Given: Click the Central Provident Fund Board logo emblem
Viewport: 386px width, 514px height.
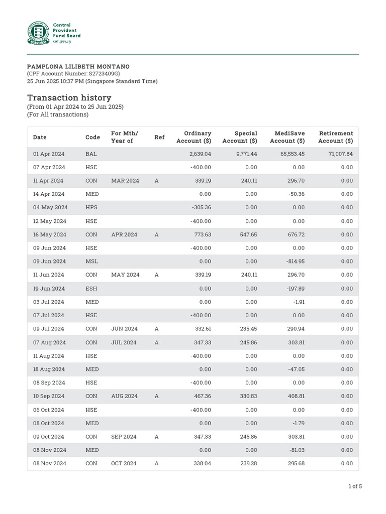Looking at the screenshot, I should [x=39, y=33].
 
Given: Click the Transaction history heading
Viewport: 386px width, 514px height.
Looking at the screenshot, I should [x=69, y=98].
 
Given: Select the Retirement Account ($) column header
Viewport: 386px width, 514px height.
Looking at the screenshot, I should [x=335, y=137].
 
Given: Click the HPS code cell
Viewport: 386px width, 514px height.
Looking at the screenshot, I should [x=91, y=208].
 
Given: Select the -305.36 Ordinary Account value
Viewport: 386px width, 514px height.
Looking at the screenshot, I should [x=201, y=208].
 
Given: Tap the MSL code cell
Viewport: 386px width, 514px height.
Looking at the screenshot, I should [x=91, y=262].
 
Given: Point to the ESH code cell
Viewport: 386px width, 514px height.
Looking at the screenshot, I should [x=91, y=289].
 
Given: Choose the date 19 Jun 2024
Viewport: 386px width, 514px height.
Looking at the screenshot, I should [x=49, y=289].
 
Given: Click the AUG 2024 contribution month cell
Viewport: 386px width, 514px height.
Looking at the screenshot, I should [x=124, y=396].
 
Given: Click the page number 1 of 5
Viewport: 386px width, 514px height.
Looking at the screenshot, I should [x=355, y=486].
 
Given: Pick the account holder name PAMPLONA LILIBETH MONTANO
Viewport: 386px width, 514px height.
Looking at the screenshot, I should [x=78, y=67].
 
